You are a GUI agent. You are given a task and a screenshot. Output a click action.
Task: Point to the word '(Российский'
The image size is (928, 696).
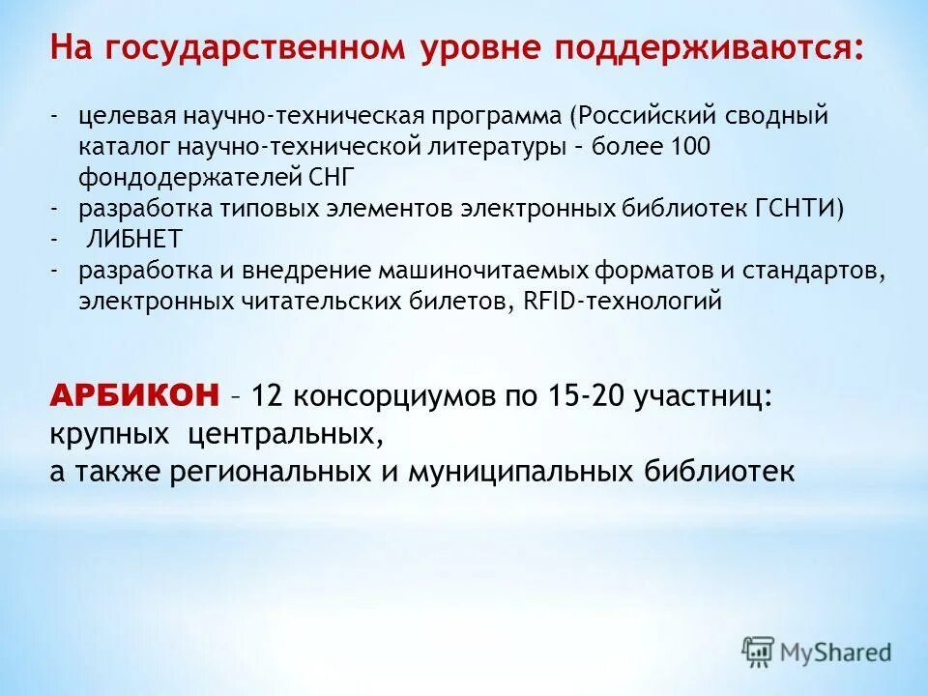pos(638,116)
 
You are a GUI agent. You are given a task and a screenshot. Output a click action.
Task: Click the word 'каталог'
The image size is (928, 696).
pos(122,147)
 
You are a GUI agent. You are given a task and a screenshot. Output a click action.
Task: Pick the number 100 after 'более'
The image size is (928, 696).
pos(691,147)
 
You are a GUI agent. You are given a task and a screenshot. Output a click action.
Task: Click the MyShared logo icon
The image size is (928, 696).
pos(758,651)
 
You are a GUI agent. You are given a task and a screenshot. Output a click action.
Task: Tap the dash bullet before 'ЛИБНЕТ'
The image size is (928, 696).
pos(57,239)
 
